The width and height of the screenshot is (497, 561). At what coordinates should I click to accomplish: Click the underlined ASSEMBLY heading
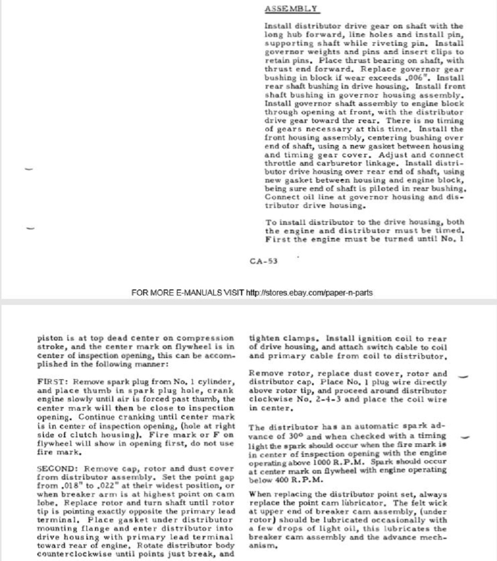292,9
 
